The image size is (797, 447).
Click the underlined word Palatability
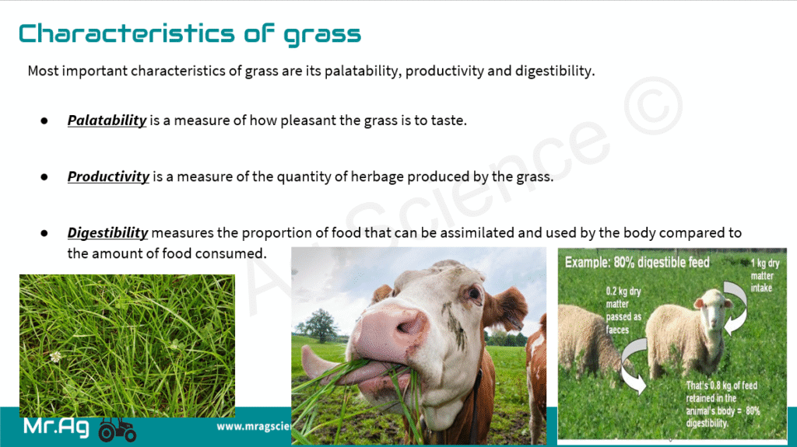click(107, 120)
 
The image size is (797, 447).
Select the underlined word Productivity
click(108, 176)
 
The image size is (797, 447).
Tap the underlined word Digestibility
click(107, 232)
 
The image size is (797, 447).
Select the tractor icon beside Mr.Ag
click(118, 428)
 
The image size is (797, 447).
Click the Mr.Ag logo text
click(57, 428)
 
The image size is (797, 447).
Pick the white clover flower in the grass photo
click(55, 357)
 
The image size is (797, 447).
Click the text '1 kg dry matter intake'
click(764, 276)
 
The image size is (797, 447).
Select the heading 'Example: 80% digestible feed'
click(638, 263)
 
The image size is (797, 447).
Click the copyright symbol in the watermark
click(651, 114)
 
